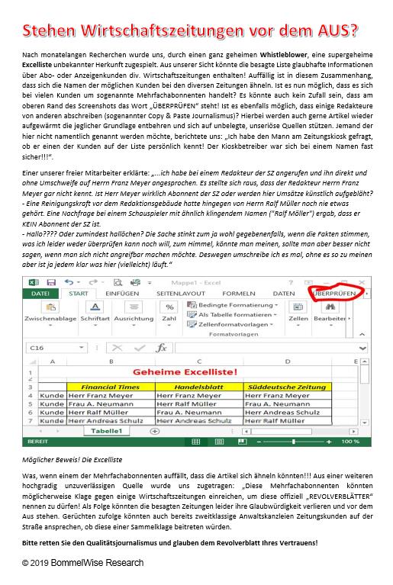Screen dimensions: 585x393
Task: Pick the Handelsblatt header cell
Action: point(198,387)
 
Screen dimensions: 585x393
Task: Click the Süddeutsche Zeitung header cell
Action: point(287,387)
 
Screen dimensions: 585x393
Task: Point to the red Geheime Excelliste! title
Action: point(194,372)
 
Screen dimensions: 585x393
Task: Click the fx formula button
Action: point(161,347)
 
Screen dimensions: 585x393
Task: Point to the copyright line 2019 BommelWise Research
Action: point(76,563)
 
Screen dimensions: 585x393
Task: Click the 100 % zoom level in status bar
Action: point(350,442)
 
